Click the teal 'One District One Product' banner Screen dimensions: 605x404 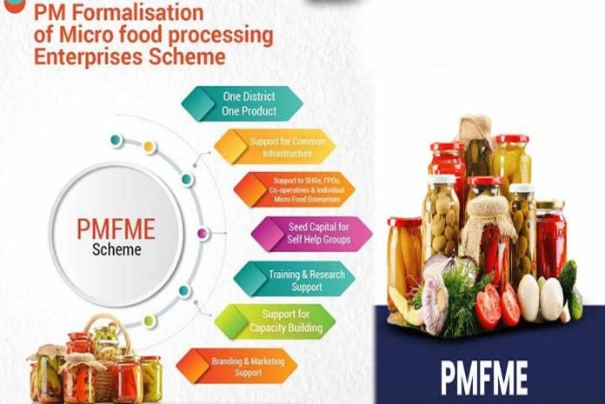point(242,103)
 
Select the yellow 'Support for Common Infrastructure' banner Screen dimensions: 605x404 point(275,147)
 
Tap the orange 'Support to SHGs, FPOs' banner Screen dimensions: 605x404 point(295,189)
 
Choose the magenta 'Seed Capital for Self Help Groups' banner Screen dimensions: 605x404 point(312,234)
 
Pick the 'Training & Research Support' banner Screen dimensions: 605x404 point(295,279)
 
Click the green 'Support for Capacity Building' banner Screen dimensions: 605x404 point(275,321)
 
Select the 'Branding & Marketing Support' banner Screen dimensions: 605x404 point(236,367)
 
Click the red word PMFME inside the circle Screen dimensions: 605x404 point(116,229)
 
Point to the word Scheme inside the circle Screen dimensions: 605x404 point(116,250)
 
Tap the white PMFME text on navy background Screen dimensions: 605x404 point(484,378)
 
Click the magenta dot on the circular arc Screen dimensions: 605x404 point(202,233)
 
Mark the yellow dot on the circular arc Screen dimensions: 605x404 point(149,147)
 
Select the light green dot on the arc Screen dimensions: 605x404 point(149,321)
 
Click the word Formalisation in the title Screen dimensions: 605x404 point(137,12)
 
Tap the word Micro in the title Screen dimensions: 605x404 point(87,34)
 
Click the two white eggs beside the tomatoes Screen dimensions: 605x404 point(540,296)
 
